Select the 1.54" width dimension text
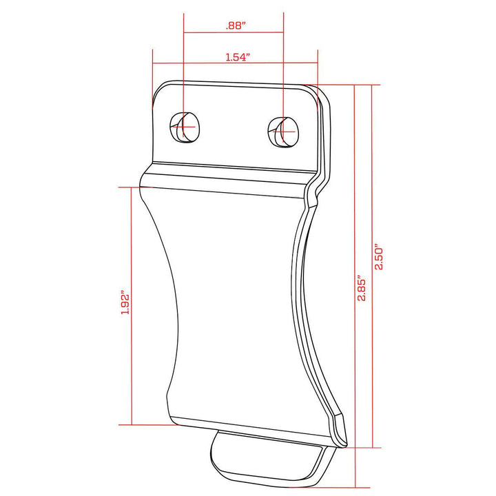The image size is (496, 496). (237, 58)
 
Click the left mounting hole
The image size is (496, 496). (185, 127)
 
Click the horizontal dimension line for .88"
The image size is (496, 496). (234, 33)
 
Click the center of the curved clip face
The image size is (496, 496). (234, 303)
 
